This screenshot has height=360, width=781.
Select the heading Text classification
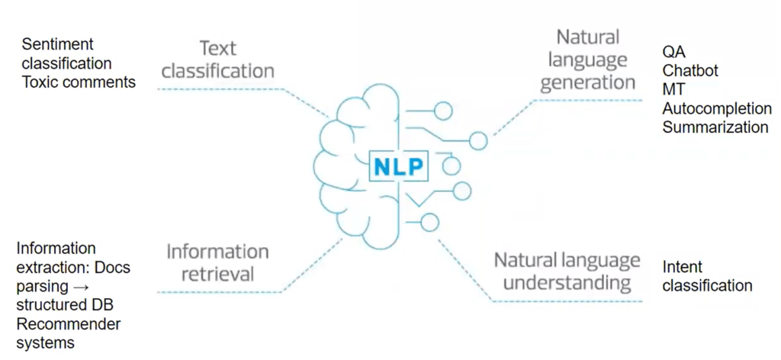click(217, 60)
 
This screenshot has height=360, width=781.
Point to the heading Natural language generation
click(587, 59)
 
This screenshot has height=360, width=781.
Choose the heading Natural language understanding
click(567, 272)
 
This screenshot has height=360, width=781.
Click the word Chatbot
click(690, 71)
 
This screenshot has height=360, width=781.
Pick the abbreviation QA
click(673, 53)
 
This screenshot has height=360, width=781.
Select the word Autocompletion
click(717, 109)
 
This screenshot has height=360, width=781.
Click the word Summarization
click(715, 127)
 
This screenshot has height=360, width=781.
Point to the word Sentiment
click(58, 44)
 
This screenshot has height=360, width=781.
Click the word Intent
click(683, 267)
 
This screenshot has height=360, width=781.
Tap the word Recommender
click(69, 324)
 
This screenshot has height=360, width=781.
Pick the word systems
click(45, 343)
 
